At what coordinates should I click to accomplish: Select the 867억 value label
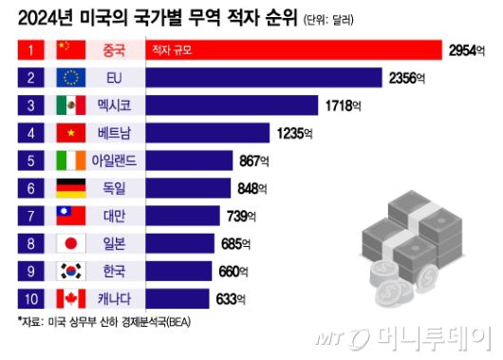point(257,161)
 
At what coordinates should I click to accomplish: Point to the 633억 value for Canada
point(229,300)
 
